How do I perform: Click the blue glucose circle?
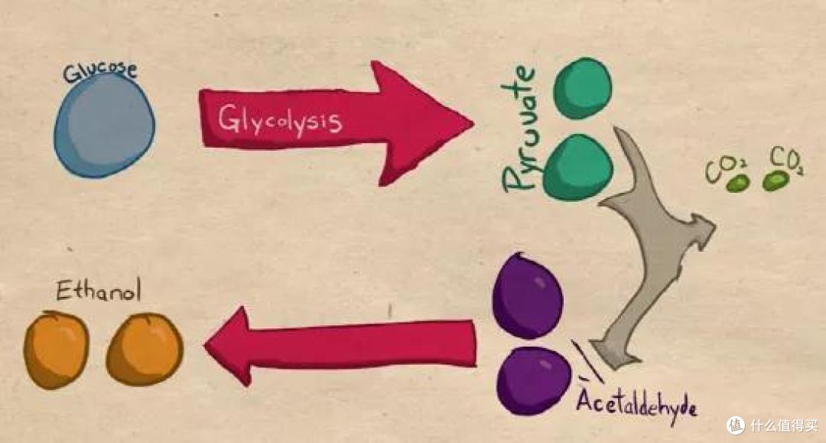point(104,125)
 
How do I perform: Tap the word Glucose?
point(100,72)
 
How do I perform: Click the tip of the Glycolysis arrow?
point(473,124)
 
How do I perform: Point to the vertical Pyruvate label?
point(519,129)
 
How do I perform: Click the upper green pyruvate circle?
point(583,87)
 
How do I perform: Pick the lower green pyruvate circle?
point(578,167)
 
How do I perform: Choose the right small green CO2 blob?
point(776,181)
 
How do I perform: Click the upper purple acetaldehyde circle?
point(527,295)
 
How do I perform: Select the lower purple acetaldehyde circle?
point(534,380)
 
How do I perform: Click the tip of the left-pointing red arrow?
point(205,346)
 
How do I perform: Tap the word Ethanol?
point(99,290)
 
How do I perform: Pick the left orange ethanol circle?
point(57,350)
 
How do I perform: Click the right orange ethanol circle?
point(145,349)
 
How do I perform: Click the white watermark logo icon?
point(736,425)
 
